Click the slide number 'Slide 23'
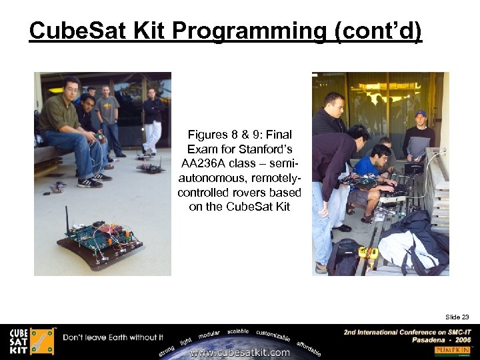[457, 298]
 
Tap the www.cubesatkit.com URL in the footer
[240, 352]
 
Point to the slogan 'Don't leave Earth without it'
[113, 337]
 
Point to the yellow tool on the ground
[369, 253]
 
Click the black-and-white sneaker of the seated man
[90, 182]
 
